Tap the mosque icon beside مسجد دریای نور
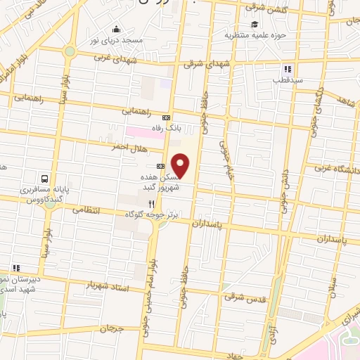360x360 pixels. coord(116,30)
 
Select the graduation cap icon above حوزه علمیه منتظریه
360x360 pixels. coord(252,22)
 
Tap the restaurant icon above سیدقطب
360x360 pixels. coord(287,69)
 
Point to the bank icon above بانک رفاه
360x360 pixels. coord(166,117)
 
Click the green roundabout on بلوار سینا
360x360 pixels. coord(69,51)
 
